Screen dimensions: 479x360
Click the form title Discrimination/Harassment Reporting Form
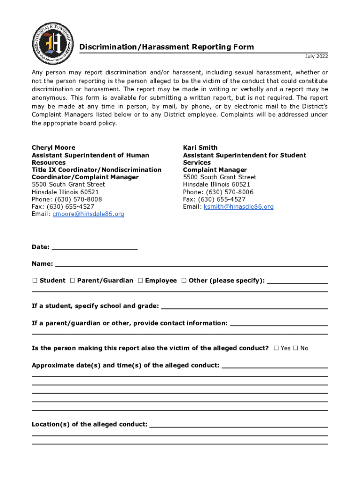(x=166, y=47)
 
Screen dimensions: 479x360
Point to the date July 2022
(x=317, y=57)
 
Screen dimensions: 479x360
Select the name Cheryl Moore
(x=53, y=147)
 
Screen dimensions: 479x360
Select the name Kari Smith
(x=200, y=147)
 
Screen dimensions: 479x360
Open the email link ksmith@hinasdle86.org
(x=238, y=206)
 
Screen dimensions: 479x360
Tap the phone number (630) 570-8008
(x=77, y=199)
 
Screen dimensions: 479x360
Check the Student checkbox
(x=35, y=281)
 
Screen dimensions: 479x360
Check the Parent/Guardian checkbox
(x=72, y=281)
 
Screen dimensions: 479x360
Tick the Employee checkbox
(x=140, y=281)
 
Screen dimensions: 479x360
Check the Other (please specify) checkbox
(x=184, y=281)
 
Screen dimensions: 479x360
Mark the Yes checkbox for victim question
(x=276, y=348)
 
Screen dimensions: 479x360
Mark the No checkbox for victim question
(x=295, y=348)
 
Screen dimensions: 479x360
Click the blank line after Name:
(x=192, y=265)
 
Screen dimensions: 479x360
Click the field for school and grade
(x=244, y=307)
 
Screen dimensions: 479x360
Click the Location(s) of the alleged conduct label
(x=89, y=424)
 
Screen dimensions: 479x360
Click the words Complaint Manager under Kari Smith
(x=215, y=170)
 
